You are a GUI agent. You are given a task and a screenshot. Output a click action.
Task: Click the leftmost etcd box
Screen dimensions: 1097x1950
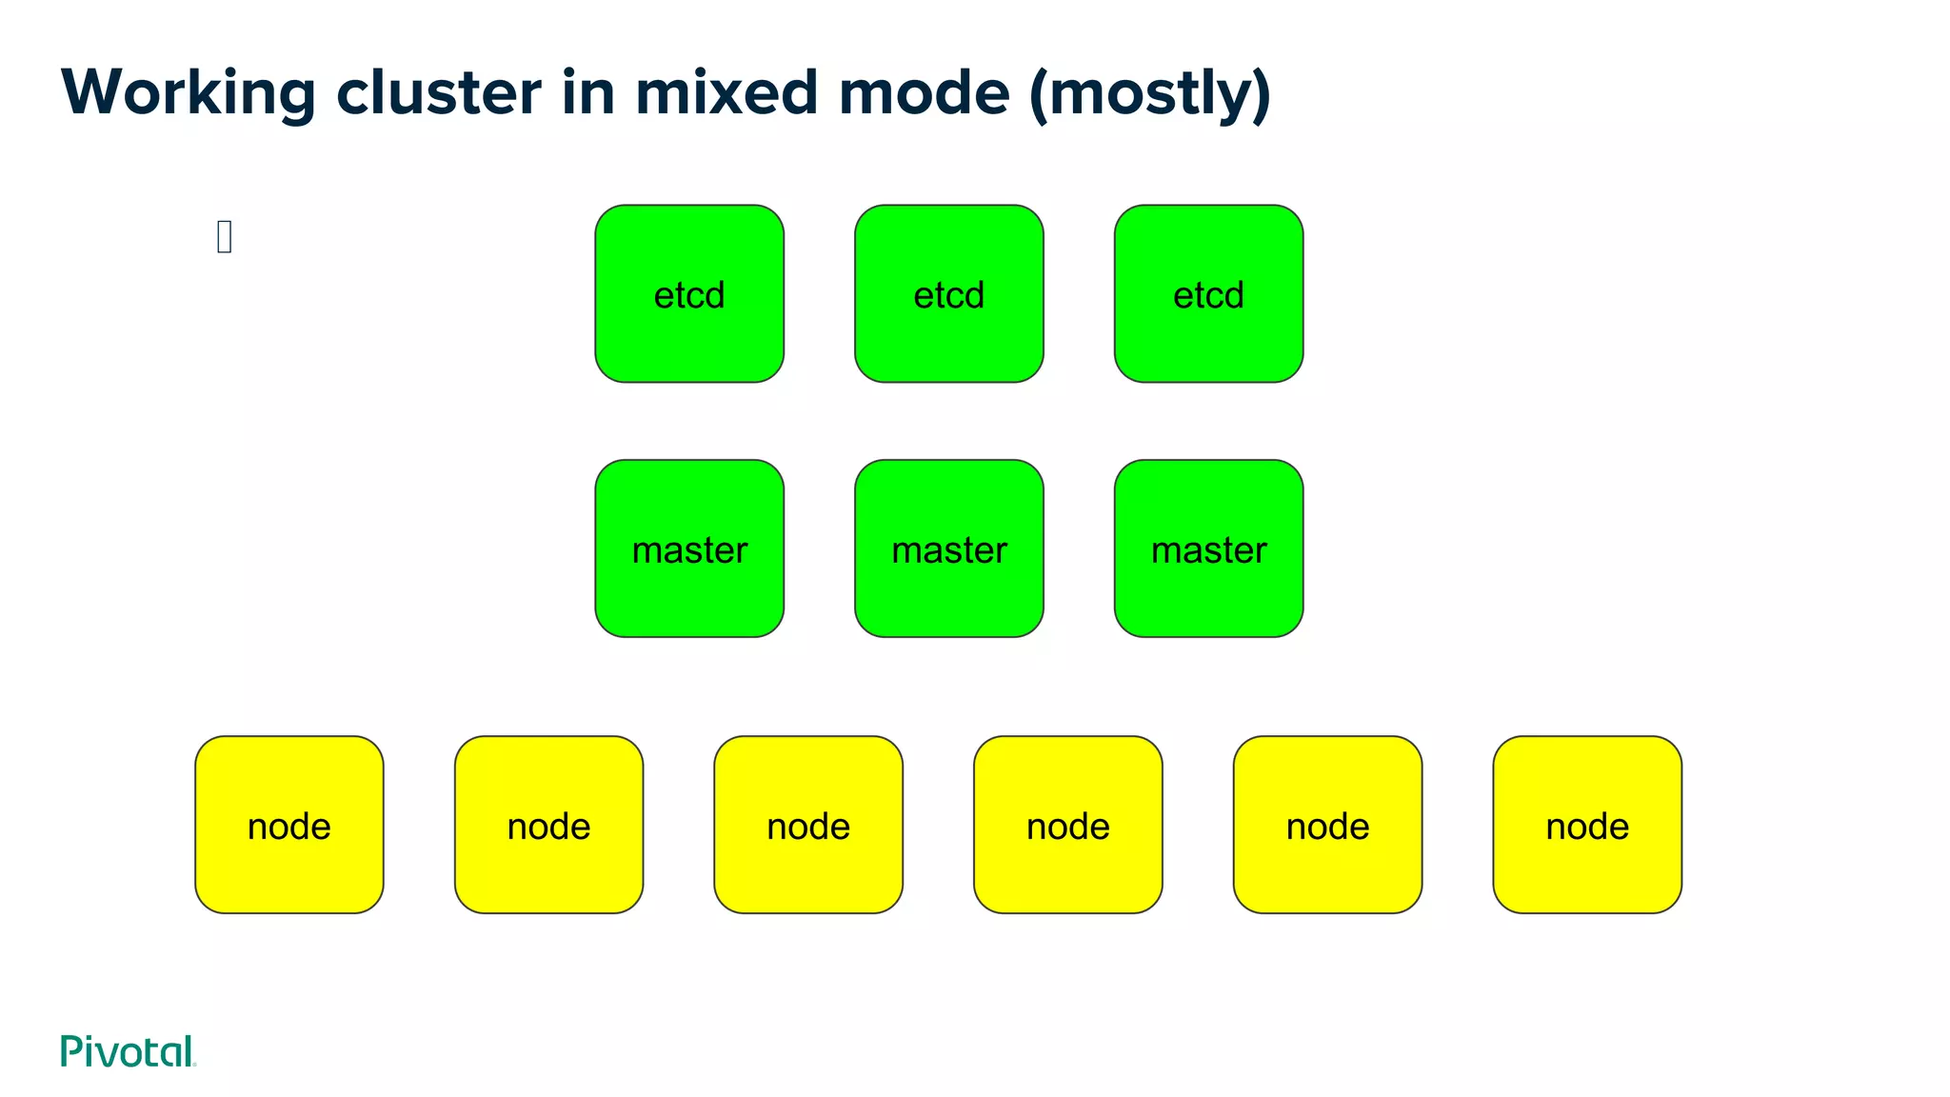[x=689, y=293]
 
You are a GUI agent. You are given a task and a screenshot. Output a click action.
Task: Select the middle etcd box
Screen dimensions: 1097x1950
[x=948, y=293]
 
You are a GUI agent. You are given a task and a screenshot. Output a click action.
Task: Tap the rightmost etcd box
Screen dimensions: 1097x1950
[x=1208, y=293]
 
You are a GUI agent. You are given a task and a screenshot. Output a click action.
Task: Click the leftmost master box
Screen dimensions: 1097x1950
[x=689, y=548]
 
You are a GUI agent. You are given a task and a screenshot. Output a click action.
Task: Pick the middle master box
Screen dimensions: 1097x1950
[x=948, y=548]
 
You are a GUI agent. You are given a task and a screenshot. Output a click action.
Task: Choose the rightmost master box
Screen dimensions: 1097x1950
[x=1208, y=548]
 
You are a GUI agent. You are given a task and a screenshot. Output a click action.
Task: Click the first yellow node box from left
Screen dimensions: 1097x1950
[x=289, y=825]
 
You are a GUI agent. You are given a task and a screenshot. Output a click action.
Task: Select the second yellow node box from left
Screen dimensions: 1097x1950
[x=548, y=825]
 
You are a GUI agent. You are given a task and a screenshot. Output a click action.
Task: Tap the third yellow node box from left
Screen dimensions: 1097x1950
[x=808, y=825]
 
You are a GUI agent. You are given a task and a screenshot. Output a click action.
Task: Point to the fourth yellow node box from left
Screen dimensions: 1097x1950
[x=1067, y=825]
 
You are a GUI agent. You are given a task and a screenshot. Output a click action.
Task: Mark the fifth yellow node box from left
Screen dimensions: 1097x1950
[x=1327, y=825]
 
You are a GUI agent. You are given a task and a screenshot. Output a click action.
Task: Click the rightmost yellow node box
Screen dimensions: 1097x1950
[x=1587, y=825]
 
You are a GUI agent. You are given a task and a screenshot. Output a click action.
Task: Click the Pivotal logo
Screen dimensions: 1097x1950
[x=128, y=1051]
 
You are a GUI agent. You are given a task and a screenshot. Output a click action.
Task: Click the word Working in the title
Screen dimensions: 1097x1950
[x=188, y=93]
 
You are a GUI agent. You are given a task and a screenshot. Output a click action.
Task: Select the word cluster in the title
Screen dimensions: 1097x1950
[x=439, y=93]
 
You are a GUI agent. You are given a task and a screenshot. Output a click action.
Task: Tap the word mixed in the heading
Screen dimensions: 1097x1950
[x=726, y=93]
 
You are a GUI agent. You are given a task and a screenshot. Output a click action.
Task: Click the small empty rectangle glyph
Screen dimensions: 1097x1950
[x=225, y=236]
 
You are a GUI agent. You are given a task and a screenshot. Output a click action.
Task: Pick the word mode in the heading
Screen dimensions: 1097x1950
[x=924, y=93]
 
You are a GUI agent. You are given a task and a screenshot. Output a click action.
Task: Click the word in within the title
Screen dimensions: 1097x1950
[x=587, y=93]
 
